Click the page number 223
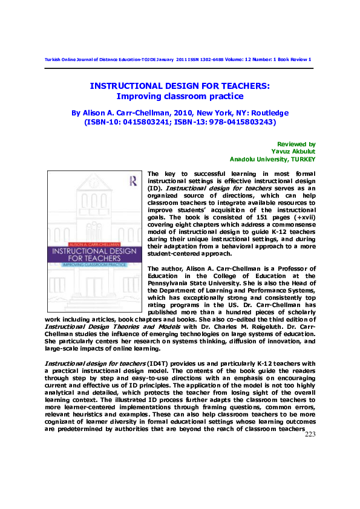[x=309, y=435]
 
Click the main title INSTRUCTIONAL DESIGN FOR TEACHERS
[x=180, y=86]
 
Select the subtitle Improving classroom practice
[x=180, y=96]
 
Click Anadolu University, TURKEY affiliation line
[x=272, y=159]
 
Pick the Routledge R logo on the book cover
[x=132, y=179]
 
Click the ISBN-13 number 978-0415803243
[x=239, y=122]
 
